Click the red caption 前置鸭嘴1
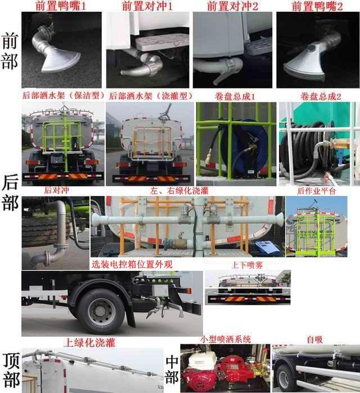[60, 6]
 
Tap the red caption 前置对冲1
[147, 6]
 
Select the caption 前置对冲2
[233, 6]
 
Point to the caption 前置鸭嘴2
[317, 6]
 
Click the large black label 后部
[10, 192]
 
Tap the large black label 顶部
[11, 369]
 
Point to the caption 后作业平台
[318, 191]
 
